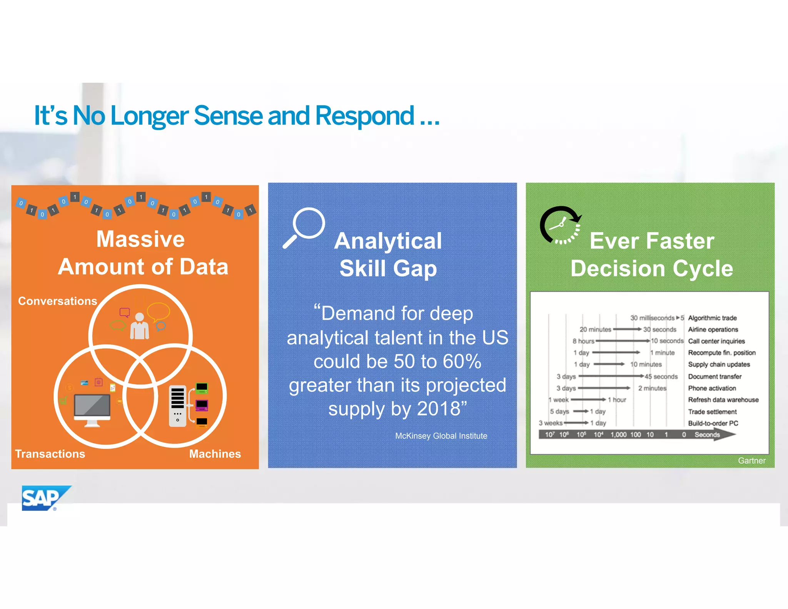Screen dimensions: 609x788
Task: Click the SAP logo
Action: click(43, 498)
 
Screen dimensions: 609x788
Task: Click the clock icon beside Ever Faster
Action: click(560, 225)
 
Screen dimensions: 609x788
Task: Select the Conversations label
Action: click(57, 301)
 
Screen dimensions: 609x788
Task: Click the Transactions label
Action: click(50, 454)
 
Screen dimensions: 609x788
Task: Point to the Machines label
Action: click(215, 454)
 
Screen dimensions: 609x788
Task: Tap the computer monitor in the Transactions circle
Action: click(92, 410)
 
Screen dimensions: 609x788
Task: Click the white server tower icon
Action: click(177, 406)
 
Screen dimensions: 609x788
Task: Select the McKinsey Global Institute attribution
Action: click(441, 436)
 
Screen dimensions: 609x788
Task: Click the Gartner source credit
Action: click(751, 460)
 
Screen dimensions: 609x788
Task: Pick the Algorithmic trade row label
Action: click(712, 318)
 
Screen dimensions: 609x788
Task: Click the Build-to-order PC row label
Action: click(713, 423)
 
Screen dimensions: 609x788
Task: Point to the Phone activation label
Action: click(712, 388)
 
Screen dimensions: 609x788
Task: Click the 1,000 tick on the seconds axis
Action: click(618, 435)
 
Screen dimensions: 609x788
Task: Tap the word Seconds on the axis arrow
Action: click(707, 435)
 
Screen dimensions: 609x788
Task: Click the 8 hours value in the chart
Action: click(583, 341)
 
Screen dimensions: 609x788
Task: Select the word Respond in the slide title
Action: click(364, 115)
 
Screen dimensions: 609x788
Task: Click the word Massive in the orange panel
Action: click(140, 239)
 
